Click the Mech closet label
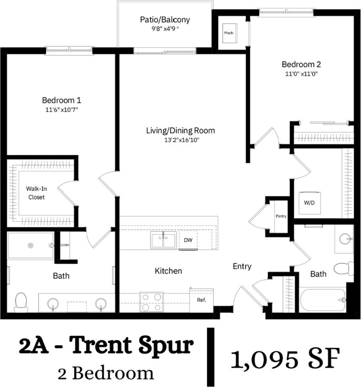(229, 33)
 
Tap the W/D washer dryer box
(307, 202)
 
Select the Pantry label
(281, 216)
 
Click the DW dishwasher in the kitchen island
(188, 240)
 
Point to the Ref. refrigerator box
(201, 300)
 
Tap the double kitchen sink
(163, 241)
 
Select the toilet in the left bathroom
(21, 302)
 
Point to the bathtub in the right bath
(323, 300)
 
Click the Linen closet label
(65, 245)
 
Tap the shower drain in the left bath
(31, 245)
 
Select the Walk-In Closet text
(35, 193)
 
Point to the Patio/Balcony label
(165, 19)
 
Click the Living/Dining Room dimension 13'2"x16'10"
(180, 140)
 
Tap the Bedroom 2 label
(301, 64)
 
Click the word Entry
(242, 266)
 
